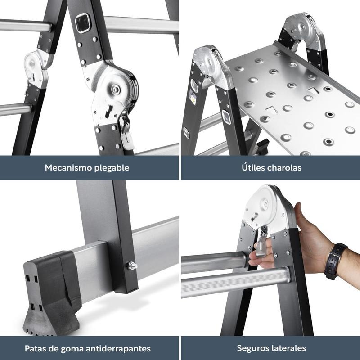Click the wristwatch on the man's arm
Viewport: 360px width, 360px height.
click(335, 261)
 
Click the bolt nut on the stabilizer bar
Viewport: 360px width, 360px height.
click(132, 265)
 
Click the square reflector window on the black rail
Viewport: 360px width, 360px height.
click(82, 23)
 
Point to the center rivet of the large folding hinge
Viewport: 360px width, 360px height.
click(115, 88)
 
